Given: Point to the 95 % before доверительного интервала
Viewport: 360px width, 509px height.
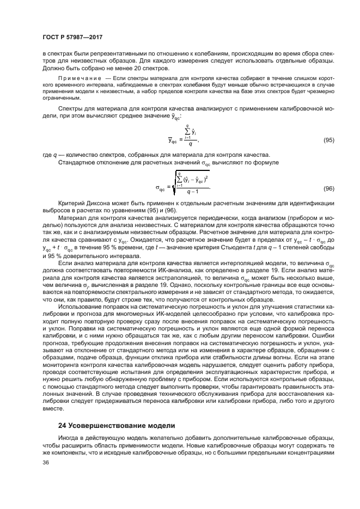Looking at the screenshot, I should click(51, 256).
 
